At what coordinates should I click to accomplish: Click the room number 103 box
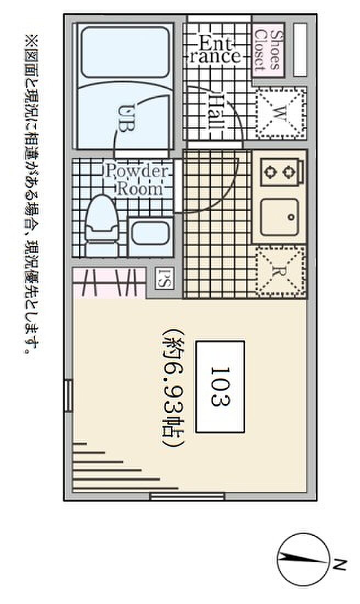220,387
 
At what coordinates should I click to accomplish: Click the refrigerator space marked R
280,272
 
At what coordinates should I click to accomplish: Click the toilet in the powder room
102,226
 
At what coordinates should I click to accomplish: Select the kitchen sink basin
279,217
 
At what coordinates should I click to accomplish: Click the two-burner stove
282,171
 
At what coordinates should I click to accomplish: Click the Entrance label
215,49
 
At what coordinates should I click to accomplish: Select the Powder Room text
137,180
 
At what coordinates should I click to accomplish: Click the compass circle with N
303,560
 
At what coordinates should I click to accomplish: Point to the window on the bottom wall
187,496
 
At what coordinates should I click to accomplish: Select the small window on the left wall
68,395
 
